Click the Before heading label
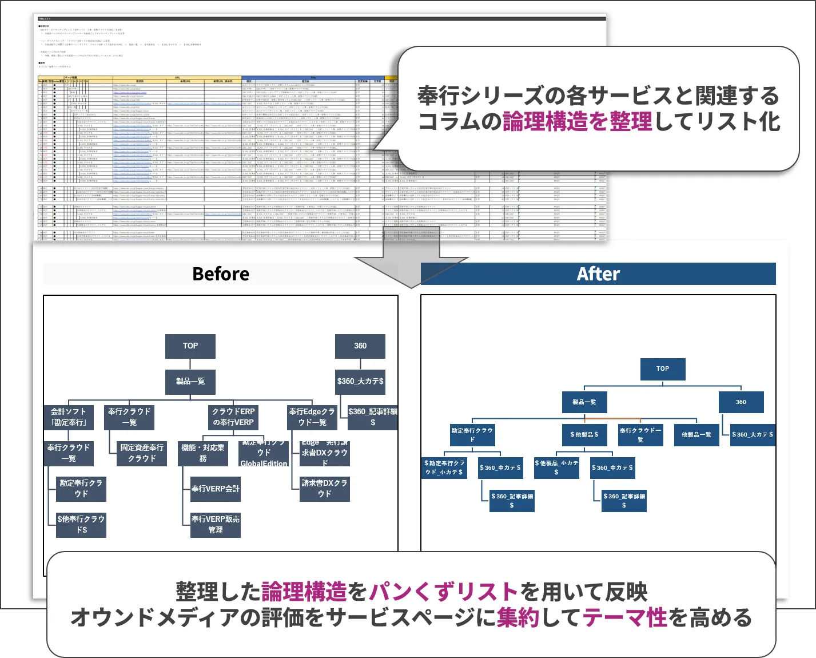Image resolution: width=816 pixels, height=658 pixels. coord(221,274)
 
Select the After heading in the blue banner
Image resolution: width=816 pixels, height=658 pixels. coord(598,274)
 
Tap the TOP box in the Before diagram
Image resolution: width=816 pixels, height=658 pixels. coord(190,346)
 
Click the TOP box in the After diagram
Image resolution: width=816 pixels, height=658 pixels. coord(662,369)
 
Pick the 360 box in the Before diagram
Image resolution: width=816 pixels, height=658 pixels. coord(360,346)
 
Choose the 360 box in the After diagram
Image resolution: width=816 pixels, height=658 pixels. coord(741,402)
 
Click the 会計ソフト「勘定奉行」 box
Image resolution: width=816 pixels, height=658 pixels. coord(69,417)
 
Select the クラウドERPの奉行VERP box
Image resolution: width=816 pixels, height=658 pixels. coord(233,417)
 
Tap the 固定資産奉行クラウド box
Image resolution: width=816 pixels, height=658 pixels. coord(142,453)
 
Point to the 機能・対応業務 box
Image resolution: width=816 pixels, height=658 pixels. coord(203,453)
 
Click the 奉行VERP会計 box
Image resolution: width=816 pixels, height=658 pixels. coord(215,489)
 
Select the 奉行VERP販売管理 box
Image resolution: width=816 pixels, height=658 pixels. coord(215,524)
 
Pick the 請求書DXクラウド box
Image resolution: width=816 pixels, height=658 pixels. coord(324,488)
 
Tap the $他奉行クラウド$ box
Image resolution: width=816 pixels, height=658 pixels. coord(81,524)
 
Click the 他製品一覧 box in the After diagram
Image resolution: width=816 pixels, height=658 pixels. coord(696,435)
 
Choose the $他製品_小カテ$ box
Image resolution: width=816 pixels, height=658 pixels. coord(556,467)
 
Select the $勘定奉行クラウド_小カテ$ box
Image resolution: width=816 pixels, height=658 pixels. coord(444,467)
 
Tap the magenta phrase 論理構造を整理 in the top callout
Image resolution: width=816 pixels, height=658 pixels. coord(577,121)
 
